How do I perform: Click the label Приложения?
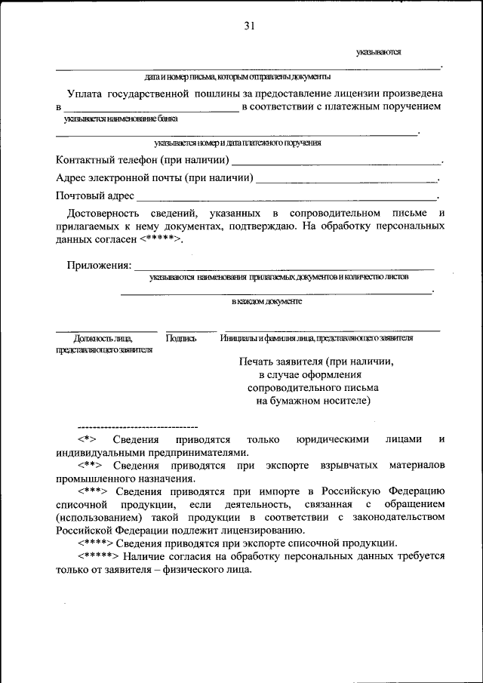pos(99,266)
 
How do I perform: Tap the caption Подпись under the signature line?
pos(181,339)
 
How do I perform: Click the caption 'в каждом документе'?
pos(266,301)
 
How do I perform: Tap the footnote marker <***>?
pos(92,491)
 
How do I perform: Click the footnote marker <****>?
pos(95,543)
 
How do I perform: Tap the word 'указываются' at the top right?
pos(379,52)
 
